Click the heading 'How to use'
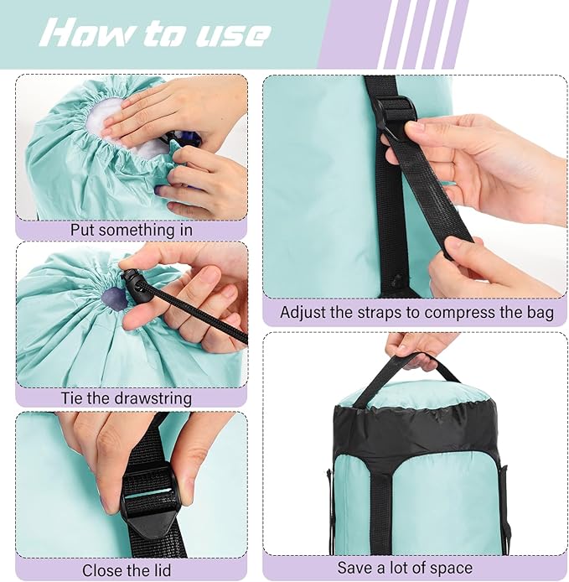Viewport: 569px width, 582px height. [156, 33]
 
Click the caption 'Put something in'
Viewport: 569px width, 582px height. [131, 229]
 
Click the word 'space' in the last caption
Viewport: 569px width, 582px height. [453, 568]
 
